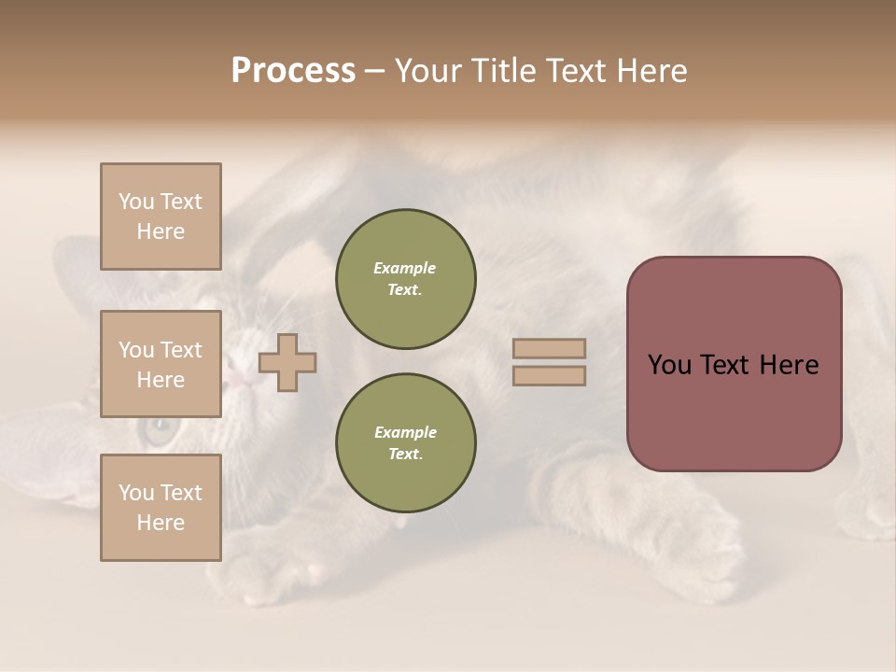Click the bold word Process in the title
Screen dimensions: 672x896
pos(293,71)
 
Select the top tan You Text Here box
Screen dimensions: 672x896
pos(161,217)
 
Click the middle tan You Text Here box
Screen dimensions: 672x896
pos(161,364)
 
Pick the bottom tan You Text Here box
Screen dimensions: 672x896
pos(161,508)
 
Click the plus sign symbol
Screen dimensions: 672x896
pos(287,362)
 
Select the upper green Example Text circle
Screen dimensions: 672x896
pos(406,279)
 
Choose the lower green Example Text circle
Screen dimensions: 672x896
pos(406,443)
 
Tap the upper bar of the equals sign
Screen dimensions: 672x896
pos(550,348)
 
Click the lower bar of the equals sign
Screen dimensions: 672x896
pos(550,375)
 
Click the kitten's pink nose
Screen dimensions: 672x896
pos(240,378)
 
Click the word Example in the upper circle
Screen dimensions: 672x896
pos(405,268)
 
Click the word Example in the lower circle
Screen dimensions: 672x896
pos(405,432)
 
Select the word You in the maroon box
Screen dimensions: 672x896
pos(669,365)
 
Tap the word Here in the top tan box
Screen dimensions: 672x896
pos(161,231)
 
